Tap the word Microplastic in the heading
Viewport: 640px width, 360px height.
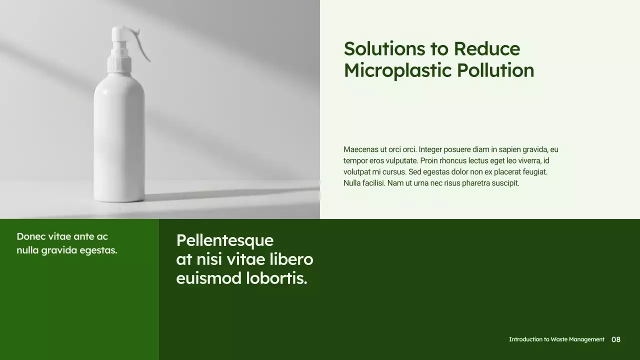(x=398, y=70)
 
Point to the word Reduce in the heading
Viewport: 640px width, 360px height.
(x=486, y=49)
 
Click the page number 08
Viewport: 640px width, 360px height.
(x=616, y=339)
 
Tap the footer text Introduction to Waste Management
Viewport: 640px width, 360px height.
(x=556, y=339)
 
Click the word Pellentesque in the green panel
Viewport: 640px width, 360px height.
(x=224, y=240)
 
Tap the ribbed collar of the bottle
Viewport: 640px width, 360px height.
(x=119, y=63)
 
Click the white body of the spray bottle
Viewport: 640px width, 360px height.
(x=119, y=140)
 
